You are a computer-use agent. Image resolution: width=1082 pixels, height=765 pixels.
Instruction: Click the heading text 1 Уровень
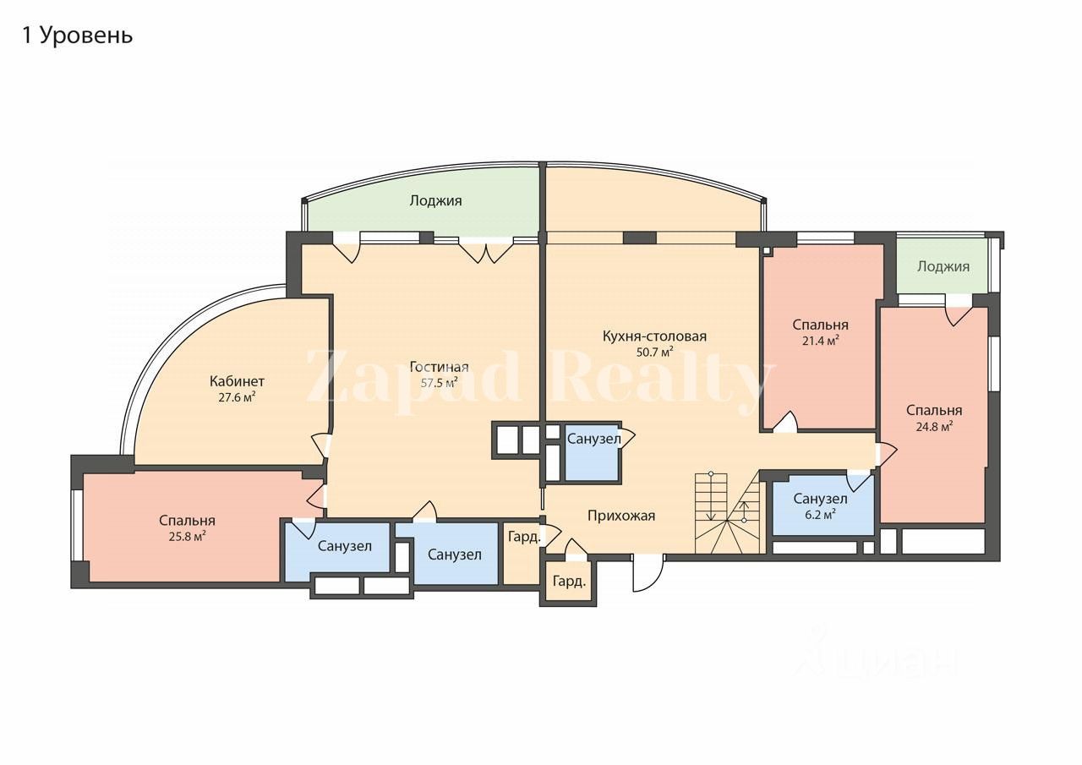(77, 36)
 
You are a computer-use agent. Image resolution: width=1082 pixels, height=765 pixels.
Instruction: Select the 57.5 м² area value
(439, 382)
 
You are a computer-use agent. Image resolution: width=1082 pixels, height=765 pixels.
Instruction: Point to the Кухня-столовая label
(654, 336)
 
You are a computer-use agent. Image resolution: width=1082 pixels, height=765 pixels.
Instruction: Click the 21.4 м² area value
(820, 341)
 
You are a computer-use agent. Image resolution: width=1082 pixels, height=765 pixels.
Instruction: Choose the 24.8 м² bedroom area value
(934, 426)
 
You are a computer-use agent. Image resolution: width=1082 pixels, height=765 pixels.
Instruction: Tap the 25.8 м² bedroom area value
(187, 536)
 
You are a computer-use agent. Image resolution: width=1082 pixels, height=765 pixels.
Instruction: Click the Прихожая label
(621, 516)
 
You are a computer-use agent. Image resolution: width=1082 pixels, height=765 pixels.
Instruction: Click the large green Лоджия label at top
(435, 200)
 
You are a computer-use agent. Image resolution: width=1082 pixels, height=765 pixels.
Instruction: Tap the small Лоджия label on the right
(943, 266)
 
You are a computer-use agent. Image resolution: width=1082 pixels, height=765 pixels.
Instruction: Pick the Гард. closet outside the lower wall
(569, 582)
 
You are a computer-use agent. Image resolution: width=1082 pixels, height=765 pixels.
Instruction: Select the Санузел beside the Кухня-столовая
(593, 440)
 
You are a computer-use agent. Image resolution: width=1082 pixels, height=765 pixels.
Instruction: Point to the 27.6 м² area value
(237, 396)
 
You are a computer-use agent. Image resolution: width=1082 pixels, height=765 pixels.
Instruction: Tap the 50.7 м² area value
(654, 351)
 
